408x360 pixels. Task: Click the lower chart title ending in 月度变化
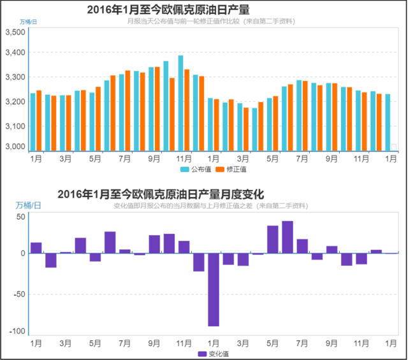click(161, 194)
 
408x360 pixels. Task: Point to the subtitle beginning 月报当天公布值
click(211, 22)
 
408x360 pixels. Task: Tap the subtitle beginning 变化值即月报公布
click(210, 206)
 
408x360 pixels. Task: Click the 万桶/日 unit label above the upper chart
click(29, 22)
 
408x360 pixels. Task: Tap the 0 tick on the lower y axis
click(22, 254)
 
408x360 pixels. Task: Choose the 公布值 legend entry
click(196, 169)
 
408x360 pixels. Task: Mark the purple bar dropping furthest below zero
click(213, 290)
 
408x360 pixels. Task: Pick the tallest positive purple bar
click(287, 237)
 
